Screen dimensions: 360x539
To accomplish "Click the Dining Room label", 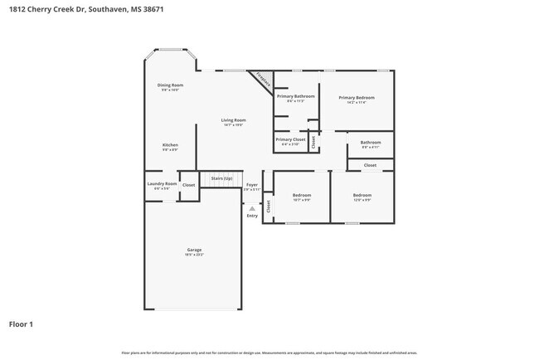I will click(x=170, y=85).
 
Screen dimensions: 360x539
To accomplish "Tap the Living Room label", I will click(x=233, y=120).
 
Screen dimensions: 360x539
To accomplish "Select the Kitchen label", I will click(x=170, y=145).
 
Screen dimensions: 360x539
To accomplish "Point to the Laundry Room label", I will click(x=162, y=184).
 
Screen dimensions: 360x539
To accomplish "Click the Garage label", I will click(x=193, y=250).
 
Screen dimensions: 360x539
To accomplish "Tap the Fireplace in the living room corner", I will click(x=263, y=80).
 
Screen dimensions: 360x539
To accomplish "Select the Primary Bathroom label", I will click(x=295, y=97).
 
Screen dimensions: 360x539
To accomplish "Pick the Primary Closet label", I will click(x=290, y=139).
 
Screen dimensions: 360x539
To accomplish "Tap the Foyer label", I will click(x=251, y=185).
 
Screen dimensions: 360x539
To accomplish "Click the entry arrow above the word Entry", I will click(x=252, y=208).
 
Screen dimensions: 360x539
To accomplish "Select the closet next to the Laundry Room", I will click(x=189, y=185).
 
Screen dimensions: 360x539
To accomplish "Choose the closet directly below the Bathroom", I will click(x=370, y=165).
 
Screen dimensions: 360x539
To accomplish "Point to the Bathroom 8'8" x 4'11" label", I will click(x=370, y=143).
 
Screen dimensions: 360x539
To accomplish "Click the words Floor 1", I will click(x=21, y=324).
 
